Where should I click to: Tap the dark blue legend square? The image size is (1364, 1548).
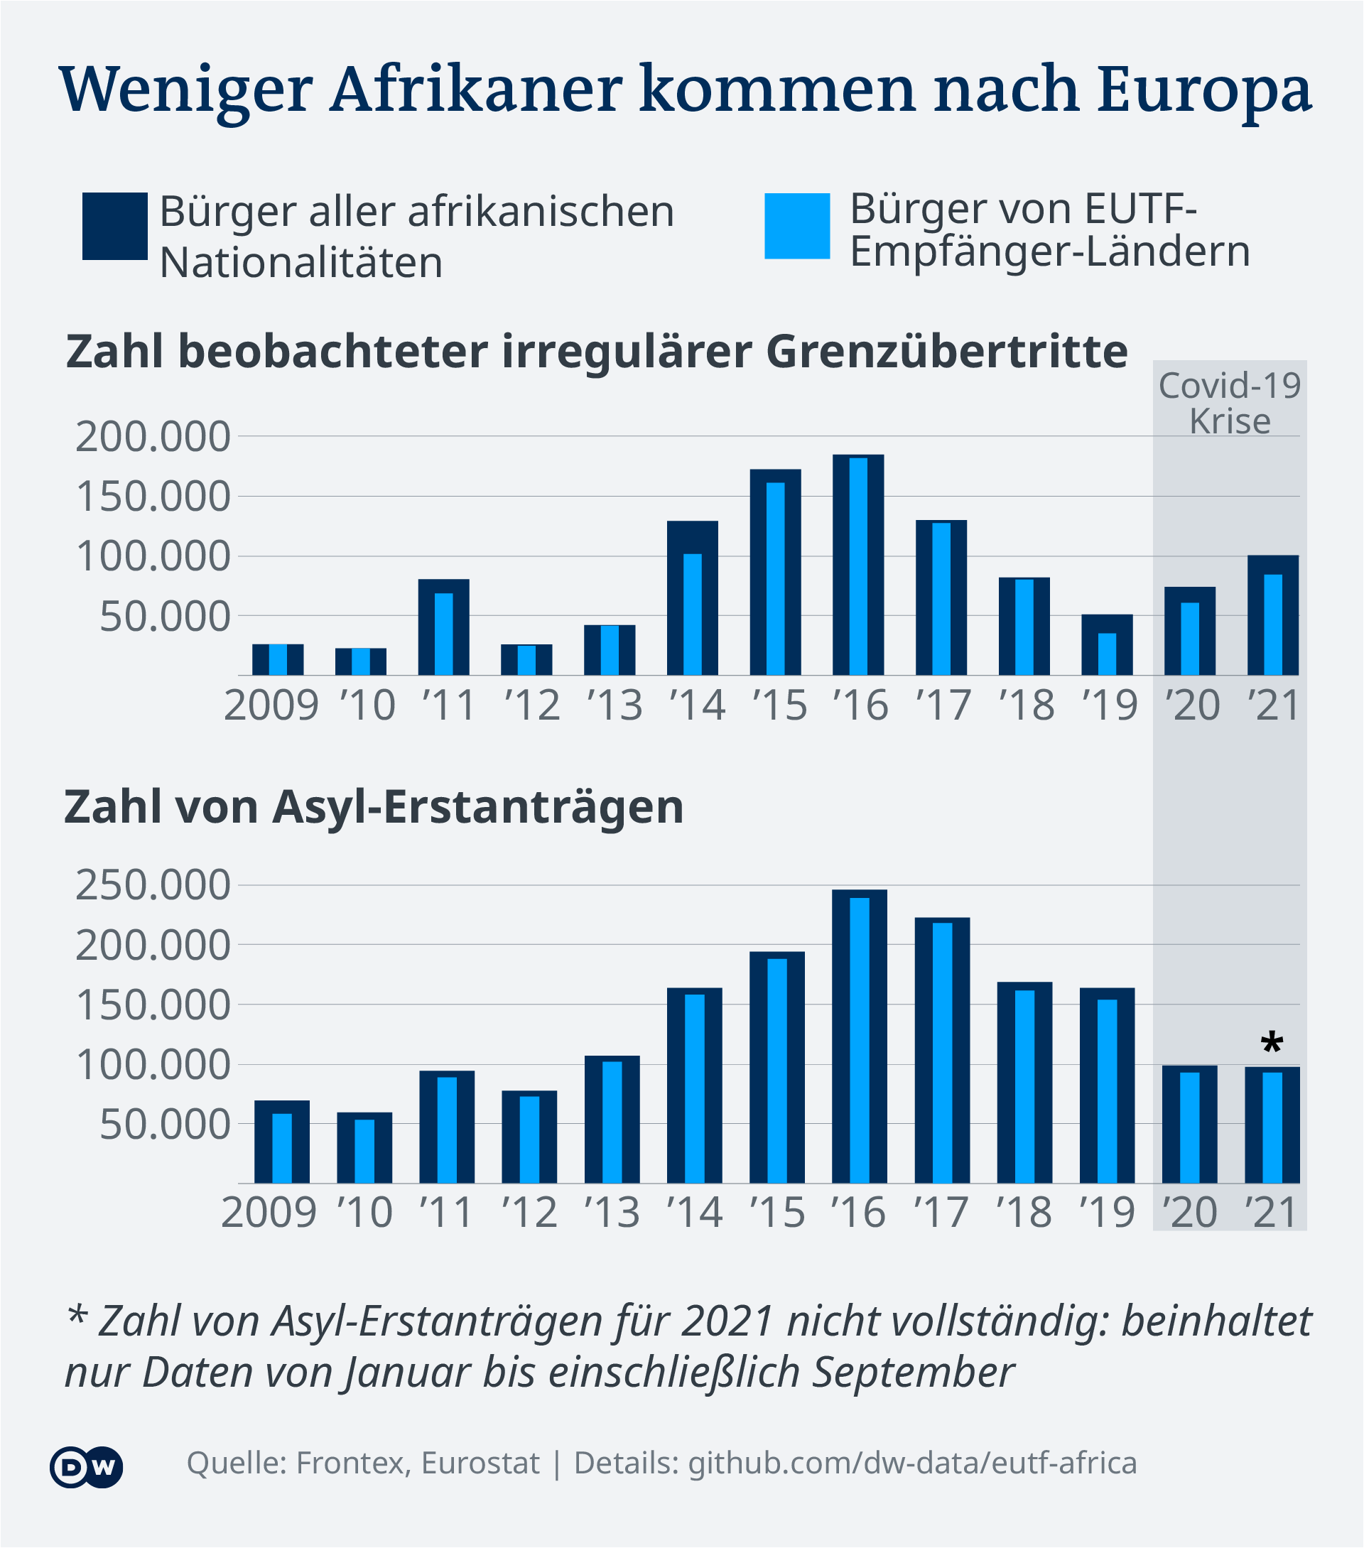[115, 227]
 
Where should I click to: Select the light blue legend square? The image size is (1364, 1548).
[797, 227]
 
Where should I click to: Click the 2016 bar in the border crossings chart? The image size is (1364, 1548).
[858, 565]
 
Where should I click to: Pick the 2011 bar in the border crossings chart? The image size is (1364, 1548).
[444, 627]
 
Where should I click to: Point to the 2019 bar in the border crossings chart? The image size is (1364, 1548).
[1108, 644]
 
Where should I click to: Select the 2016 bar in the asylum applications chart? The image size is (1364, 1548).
[860, 1036]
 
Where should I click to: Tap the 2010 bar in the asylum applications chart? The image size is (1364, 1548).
[364, 1148]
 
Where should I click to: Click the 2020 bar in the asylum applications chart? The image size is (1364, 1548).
[1190, 1125]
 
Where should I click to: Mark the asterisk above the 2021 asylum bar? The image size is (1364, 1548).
[1272, 1044]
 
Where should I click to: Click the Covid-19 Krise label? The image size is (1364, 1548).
[1230, 404]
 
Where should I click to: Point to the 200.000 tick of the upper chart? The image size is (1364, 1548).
[152, 436]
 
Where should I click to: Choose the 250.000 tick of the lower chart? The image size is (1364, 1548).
[152, 884]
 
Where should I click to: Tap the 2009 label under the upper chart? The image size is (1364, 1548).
[272, 706]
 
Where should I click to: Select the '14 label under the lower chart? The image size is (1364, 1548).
[695, 1213]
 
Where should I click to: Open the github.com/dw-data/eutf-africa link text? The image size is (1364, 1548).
[913, 1464]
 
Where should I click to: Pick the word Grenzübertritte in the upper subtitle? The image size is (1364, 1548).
[948, 352]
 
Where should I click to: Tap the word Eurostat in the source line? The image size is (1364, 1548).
[480, 1463]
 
